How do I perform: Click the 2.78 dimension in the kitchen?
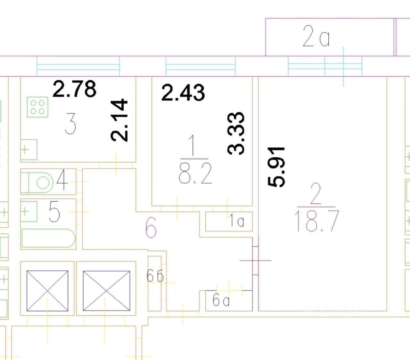(x=74, y=89)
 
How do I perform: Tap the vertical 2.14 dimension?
(x=119, y=120)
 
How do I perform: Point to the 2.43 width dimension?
(x=183, y=93)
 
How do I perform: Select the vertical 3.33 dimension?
(x=236, y=133)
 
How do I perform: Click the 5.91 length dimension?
(x=276, y=167)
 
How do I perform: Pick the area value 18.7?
(x=316, y=221)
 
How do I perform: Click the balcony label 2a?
(x=316, y=37)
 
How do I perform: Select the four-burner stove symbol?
(x=37, y=107)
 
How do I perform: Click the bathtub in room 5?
(x=48, y=238)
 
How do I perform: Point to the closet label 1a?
(x=236, y=221)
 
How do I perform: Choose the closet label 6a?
(x=221, y=300)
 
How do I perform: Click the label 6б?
(x=155, y=275)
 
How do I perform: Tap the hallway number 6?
(x=151, y=229)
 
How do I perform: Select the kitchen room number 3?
(x=70, y=124)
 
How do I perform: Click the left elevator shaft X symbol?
(x=47, y=291)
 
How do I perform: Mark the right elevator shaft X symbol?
(x=106, y=291)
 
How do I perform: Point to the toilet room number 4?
(x=62, y=181)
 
